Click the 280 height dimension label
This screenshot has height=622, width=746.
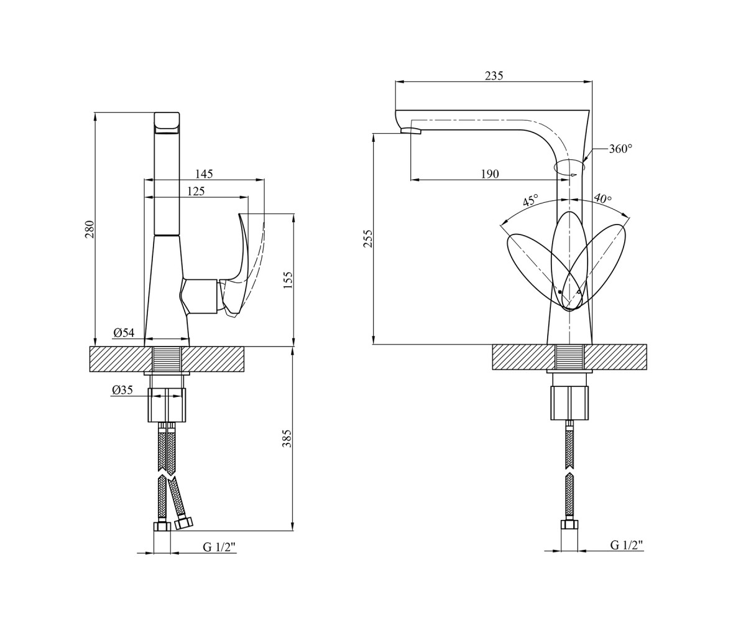(90, 230)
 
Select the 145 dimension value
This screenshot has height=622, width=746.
(204, 174)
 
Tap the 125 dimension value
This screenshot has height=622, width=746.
(196, 191)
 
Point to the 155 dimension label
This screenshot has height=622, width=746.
(288, 280)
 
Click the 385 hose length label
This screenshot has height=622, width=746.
(287, 439)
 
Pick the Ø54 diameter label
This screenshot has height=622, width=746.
(124, 333)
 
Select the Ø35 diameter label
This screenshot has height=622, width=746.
(122, 389)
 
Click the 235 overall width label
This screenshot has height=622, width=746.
(494, 76)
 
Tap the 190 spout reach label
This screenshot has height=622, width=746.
(489, 174)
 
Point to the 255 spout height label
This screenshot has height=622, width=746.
(367, 238)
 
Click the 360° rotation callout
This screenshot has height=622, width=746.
(620, 149)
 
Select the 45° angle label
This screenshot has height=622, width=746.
(530, 200)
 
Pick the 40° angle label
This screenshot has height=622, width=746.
(603, 199)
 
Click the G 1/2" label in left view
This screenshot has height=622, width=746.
(219, 547)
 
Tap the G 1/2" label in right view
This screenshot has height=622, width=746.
(627, 545)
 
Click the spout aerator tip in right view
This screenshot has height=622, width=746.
(411, 131)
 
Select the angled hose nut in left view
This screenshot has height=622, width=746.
(183, 523)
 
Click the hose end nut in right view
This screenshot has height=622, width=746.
(569, 524)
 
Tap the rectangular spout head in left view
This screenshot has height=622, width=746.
(167, 123)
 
